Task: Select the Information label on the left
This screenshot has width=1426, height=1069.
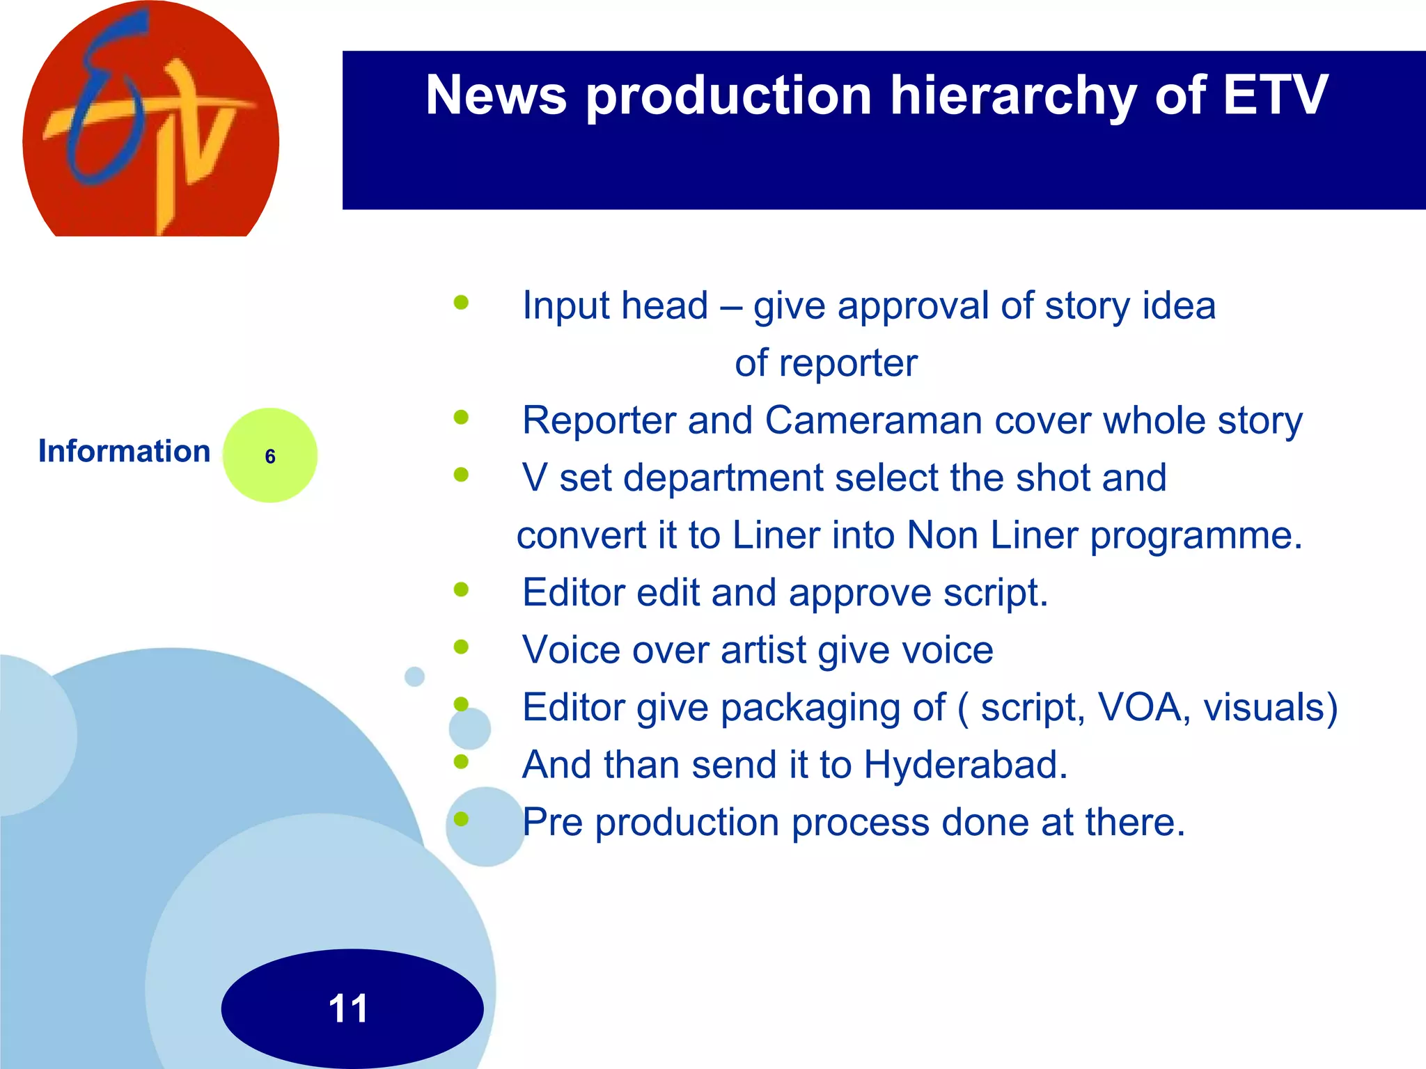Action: click(x=124, y=451)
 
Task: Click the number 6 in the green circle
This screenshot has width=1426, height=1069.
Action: click(x=270, y=457)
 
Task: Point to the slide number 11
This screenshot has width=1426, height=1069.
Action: click(x=348, y=1008)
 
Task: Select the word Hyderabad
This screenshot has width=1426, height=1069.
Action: click(x=965, y=764)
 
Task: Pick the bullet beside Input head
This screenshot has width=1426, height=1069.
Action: click(x=461, y=303)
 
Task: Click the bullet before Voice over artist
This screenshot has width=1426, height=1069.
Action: click(x=461, y=647)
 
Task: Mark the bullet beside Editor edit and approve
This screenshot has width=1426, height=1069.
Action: click(x=461, y=590)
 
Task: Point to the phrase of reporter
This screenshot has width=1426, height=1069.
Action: click(x=826, y=363)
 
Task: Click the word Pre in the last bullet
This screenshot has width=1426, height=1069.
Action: click(x=552, y=822)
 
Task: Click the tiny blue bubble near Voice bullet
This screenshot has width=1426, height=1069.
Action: click(x=414, y=676)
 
